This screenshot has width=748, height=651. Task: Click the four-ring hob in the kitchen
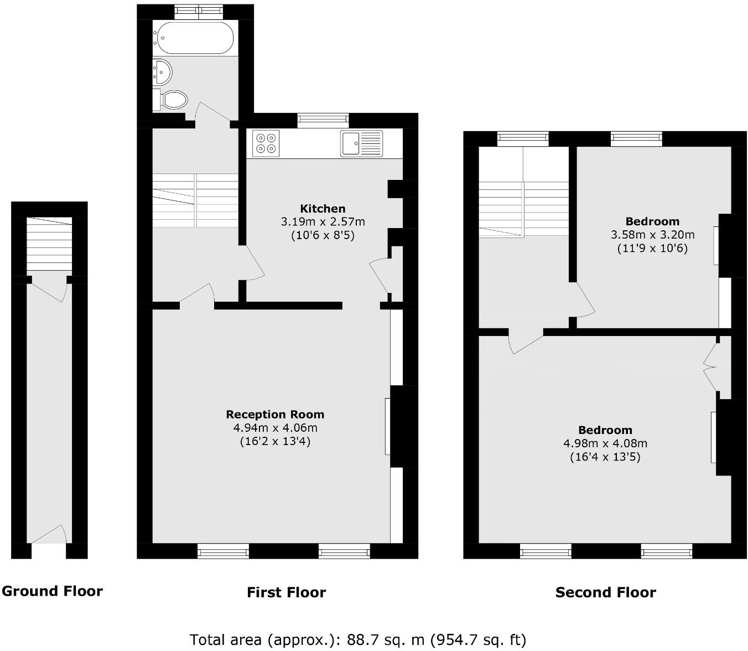(266, 143)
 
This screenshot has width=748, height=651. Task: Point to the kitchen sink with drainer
(361, 143)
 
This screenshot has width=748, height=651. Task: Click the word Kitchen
(323, 209)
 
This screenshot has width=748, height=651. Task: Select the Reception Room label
(275, 415)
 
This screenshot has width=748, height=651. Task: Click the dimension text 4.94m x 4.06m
(275, 428)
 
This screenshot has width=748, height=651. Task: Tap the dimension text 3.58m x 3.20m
(652, 235)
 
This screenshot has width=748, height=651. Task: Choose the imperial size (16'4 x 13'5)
(605, 457)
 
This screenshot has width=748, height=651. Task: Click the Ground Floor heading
(52, 591)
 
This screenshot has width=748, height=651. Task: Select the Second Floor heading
(605, 593)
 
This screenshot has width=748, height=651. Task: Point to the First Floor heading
(286, 593)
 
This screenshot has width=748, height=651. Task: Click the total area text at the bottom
(357, 640)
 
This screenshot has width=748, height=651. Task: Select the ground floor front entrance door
(49, 536)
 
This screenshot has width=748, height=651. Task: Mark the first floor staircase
(195, 200)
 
